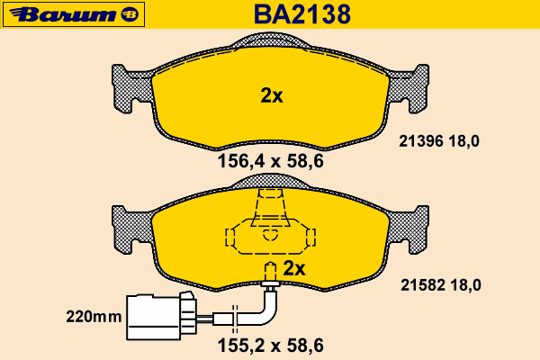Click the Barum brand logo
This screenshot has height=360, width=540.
point(74,14)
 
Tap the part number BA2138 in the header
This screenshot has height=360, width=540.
point(302,14)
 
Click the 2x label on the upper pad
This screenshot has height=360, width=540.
point(272,95)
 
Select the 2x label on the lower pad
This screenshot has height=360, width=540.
point(294,268)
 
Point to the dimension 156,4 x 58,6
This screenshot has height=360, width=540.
point(271,161)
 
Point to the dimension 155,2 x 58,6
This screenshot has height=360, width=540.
point(271,346)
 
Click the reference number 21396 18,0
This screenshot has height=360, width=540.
point(439,141)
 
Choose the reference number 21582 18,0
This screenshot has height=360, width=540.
point(441,285)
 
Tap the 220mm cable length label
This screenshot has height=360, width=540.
point(94,317)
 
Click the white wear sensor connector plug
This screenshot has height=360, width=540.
point(161,316)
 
